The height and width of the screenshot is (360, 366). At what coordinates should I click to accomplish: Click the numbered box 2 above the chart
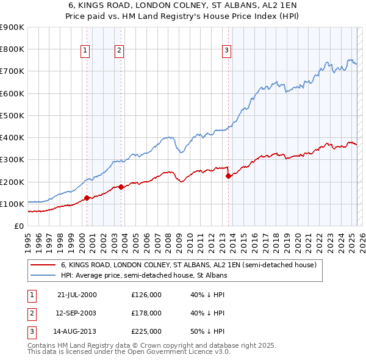pos(119,51)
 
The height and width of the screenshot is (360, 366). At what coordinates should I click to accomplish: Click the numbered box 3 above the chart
pos(226,51)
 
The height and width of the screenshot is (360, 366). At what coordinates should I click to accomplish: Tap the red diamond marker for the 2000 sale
pos(87,198)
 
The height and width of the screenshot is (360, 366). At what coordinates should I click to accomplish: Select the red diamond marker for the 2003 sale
pos(121,187)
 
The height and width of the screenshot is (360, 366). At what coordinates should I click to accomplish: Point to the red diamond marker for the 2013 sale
pos(229,176)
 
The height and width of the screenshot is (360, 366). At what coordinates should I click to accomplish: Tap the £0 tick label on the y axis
pos(18,226)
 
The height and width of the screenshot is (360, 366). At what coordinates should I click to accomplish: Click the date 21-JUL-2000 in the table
pos(77,295)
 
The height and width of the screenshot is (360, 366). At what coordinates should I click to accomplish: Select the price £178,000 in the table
pos(146,313)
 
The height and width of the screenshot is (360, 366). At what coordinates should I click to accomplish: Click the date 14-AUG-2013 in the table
pos(77,331)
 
